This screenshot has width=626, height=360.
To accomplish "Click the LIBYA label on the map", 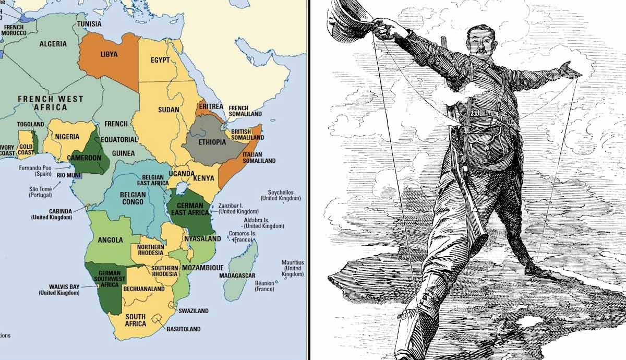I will click(x=109, y=54).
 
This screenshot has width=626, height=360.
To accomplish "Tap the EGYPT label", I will click(x=160, y=60).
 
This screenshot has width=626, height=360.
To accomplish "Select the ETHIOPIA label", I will click(x=205, y=141).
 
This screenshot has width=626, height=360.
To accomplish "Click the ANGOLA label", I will click(x=111, y=240).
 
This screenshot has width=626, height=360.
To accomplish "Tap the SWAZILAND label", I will click(x=193, y=311).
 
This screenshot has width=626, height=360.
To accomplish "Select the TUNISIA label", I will click(x=89, y=24).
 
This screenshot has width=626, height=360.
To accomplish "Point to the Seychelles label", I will click(x=281, y=192).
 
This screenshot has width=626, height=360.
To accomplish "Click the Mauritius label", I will click(x=292, y=262).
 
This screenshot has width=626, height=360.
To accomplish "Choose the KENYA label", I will click(x=204, y=178).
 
